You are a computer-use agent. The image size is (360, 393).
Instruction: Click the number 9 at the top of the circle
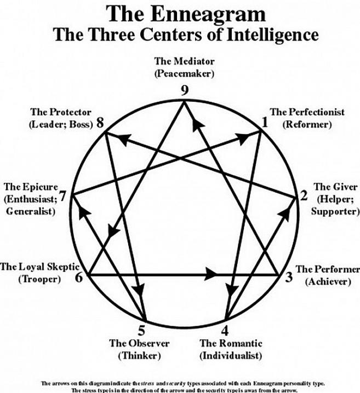(x=185, y=90)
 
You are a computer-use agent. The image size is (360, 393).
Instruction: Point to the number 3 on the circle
(x=288, y=277)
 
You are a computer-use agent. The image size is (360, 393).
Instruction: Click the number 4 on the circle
(x=225, y=331)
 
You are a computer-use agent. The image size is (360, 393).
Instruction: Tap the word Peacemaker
(x=184, y=72)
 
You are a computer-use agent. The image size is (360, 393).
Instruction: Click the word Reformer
(x=307, y=124)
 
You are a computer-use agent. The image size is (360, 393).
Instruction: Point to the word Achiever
(x=327, y=281)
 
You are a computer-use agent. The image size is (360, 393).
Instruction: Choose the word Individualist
(x=231, y=355)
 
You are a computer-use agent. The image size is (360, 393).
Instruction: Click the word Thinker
(x=139, y=355)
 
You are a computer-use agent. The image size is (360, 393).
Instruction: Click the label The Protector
(x=61, y=112)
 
